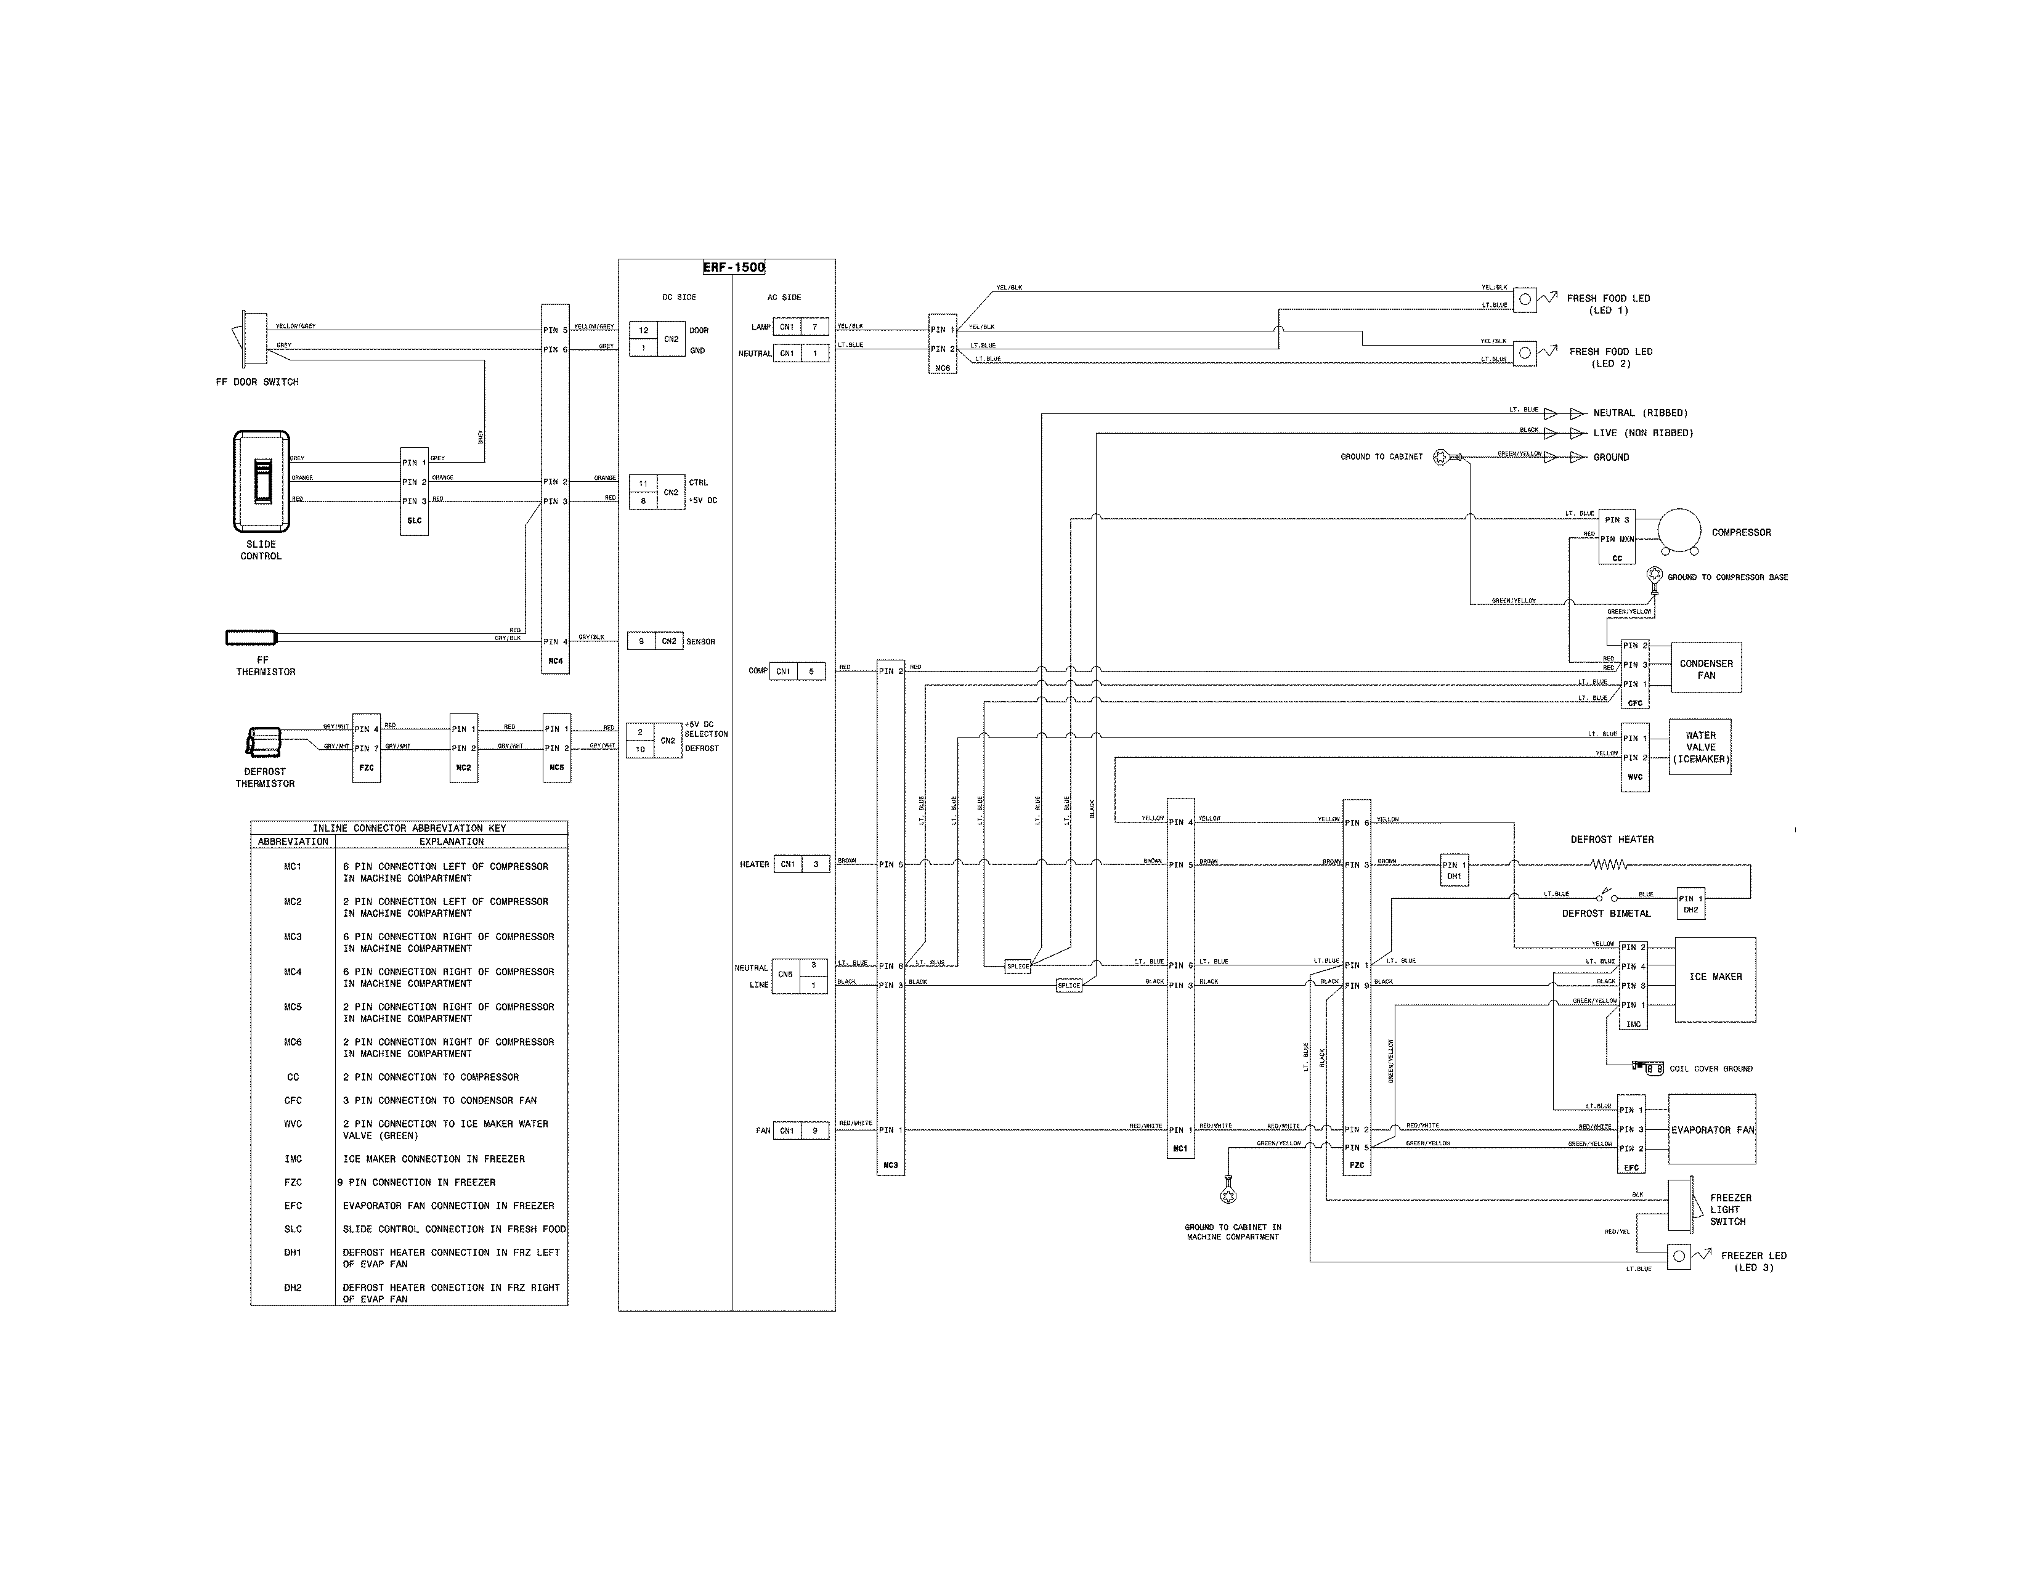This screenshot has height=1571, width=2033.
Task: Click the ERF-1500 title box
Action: point(734,268)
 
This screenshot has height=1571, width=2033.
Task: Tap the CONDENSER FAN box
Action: point(1705,668)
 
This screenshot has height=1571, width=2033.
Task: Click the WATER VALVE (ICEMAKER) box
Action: point(1700,747)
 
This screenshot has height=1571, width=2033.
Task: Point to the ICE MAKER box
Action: point(1714,979)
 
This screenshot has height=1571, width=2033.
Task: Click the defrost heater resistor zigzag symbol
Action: point(1609,864)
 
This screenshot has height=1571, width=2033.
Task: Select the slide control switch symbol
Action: point(262,481)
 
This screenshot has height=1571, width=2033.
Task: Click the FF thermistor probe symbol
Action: point(251,638)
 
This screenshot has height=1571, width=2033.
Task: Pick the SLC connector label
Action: point(414,520)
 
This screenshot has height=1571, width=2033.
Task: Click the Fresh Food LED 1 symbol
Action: point(1525,299)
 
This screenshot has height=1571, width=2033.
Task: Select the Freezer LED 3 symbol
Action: point(1678,1256)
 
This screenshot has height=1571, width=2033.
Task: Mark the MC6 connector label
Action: point(942,368)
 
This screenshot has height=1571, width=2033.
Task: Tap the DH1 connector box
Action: point(1454,869)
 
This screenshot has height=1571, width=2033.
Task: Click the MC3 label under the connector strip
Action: point(891,1165)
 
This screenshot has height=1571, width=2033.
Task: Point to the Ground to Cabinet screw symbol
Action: point(1444,456)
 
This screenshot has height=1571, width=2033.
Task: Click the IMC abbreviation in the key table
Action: point(293,1159)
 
